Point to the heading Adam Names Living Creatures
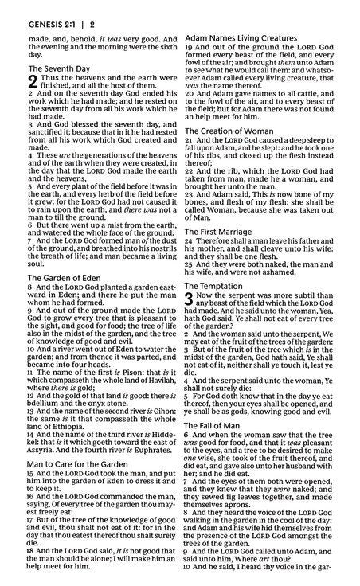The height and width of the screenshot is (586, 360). coord(242,37)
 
